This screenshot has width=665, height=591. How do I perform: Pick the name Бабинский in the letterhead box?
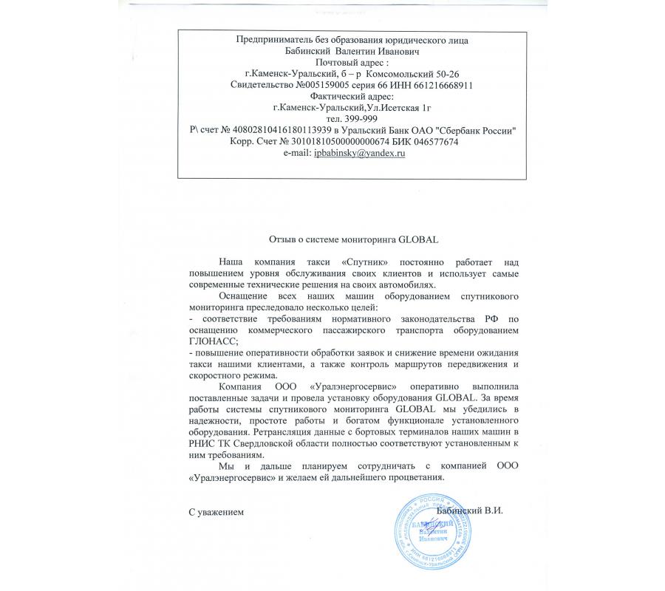click(x=308, y=52)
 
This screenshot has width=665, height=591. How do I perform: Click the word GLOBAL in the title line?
click(x=419, y=239)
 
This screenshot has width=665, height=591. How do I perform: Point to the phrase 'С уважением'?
click(x=215, y=511)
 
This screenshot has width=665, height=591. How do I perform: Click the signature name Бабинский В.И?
click(x=469, y=510)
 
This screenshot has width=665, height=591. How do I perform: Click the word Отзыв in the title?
click(x=281, y=239)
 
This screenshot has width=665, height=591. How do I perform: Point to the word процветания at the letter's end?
click(x=417, y=476)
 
